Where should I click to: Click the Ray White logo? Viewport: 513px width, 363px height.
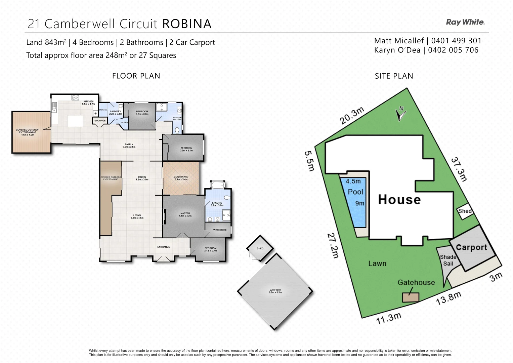point(465,22)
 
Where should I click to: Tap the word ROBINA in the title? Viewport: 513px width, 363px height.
point(187,24)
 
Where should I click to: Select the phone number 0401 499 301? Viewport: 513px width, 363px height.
point(456,41)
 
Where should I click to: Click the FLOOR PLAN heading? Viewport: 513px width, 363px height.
point(136,76)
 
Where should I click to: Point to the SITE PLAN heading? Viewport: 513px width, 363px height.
point(394,76)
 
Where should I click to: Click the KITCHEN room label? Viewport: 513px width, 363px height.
point(89,102)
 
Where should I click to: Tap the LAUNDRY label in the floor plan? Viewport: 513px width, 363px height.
point(116,112)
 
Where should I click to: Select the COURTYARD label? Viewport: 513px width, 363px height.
point(181,177)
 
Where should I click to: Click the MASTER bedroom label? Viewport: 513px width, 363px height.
point(185,213)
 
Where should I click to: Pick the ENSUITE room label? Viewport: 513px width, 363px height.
point(217,203)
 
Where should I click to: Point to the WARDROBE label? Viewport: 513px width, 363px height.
point(220,230)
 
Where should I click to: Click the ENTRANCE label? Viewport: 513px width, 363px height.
point(164,247)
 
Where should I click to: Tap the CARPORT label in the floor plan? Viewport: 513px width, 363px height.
point(275,290)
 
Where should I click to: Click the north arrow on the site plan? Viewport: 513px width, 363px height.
point(400,113)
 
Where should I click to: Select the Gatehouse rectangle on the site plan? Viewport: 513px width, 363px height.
point(411,297)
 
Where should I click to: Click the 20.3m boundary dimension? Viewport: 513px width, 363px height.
point(352,116)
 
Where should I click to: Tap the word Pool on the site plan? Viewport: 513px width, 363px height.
point(355,192)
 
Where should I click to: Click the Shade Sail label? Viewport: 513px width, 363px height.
point(448,260)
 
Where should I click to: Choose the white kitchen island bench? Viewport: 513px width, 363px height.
point(75,121)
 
